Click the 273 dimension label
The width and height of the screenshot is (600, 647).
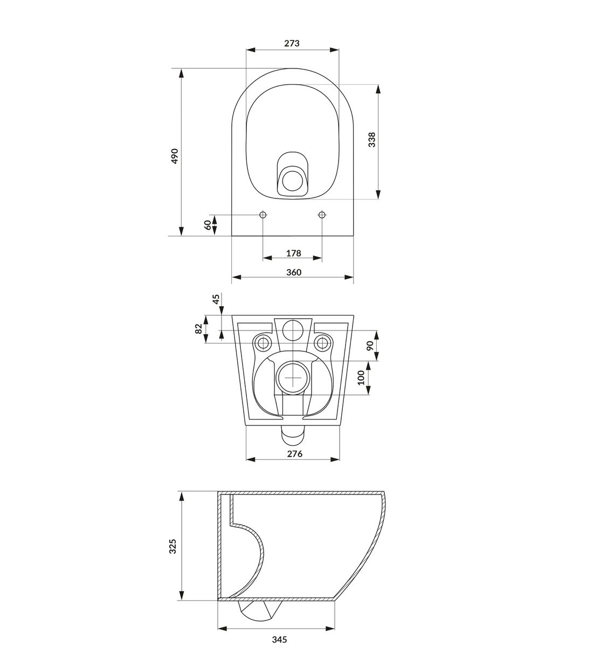(292, 43)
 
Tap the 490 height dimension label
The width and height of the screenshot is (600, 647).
(175, 156)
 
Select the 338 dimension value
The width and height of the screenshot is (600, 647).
(371, 140)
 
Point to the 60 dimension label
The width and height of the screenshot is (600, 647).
(208, 225)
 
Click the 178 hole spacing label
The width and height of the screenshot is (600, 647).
(293, 253)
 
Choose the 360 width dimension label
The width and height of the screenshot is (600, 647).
(293, 272)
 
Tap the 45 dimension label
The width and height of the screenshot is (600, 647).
(216, 299)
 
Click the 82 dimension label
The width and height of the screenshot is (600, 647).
(198, 329)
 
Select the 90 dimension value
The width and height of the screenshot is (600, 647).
(370, 346)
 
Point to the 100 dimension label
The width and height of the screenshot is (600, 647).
(361, 377)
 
